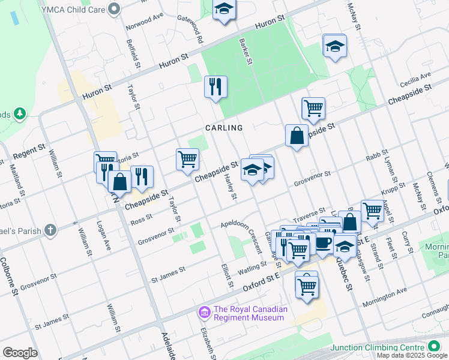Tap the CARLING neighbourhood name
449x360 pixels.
(x=224, y=128)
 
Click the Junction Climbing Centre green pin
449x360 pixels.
(x=434, y=347)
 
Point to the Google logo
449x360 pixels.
(x=20, y=353)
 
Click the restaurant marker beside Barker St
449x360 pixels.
(x=215, y=87)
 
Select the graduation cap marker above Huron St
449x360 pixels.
(x=224, y=10)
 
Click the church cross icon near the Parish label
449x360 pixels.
(x=51, y=229)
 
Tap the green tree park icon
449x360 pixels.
(x=20, y=113)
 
